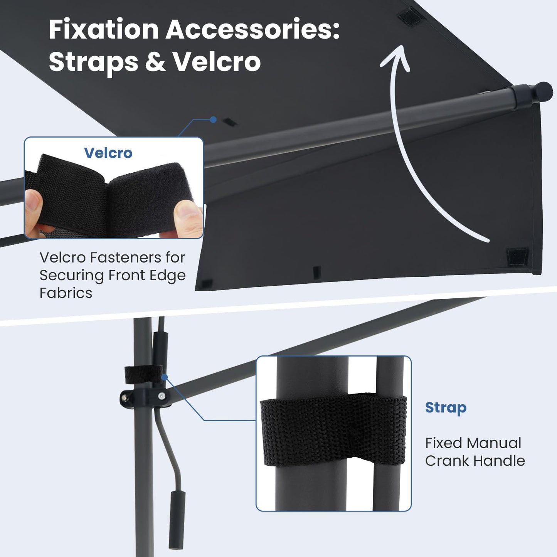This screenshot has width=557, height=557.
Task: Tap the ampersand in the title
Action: tap(155, 62)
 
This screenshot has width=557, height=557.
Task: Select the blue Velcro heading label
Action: tap(108, 153)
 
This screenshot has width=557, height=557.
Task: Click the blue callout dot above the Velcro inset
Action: tap(213, 119)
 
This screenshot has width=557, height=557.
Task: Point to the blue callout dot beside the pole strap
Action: tap(165, 377)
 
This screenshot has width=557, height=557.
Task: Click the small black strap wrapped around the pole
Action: tap(144, 374)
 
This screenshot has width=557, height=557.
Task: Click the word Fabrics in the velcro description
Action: tap(66, 293)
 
